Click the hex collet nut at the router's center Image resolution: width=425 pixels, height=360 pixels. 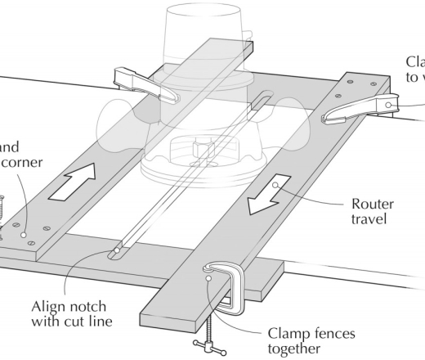201,151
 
